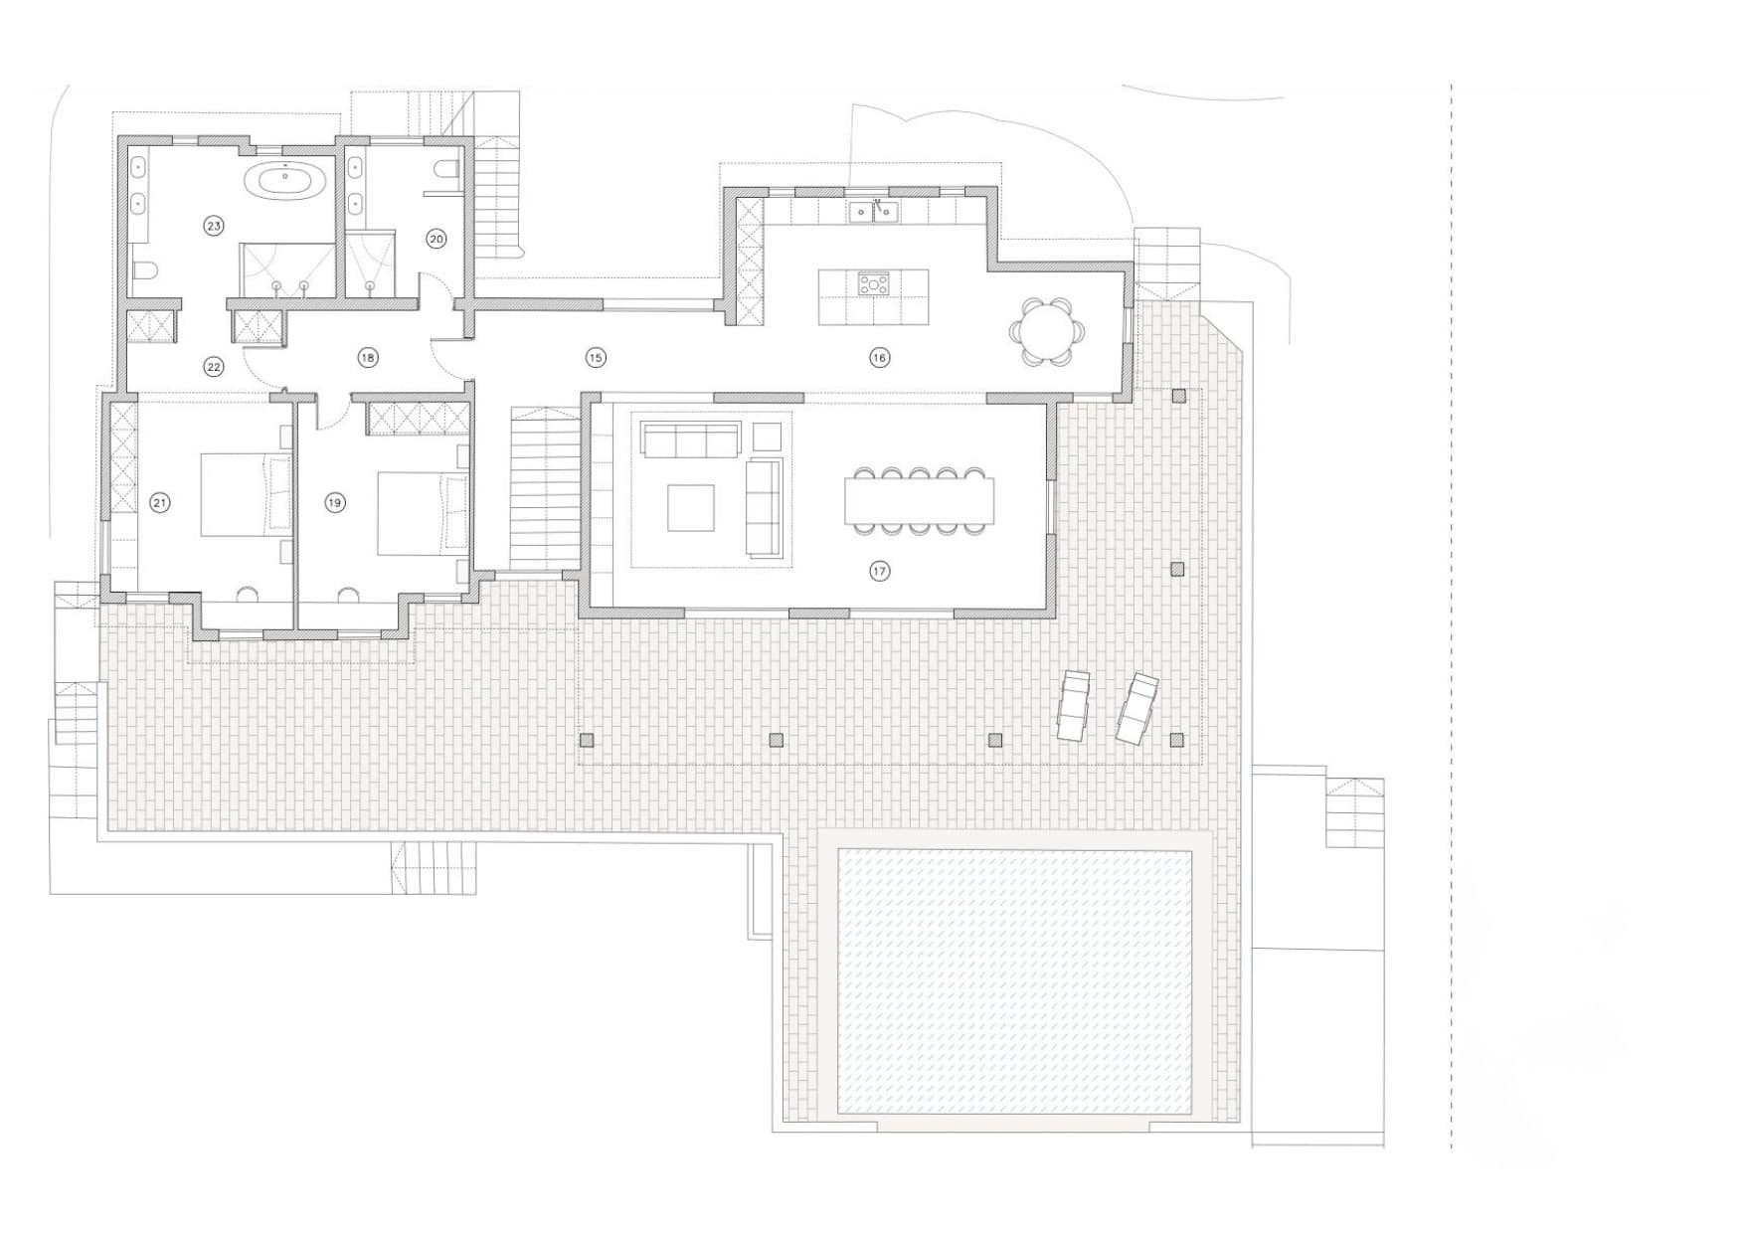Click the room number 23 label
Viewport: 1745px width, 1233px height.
pyautogui.click(x=214, y=227)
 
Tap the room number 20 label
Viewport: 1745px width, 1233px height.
pyautogui.click(x=436, y=238)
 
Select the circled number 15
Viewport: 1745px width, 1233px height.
pyautogui.click(x=595, y=357)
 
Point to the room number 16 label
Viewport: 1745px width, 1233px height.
pyautogui.click(x=879, y=357)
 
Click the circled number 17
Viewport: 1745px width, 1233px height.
pyautogui.click(x=879, y=571)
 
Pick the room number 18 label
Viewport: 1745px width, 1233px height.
pyautogui.click(x=368, y=357)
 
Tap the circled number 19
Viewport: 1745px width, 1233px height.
pyautogui.click(x=335, y=503)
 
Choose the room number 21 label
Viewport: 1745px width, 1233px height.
pyautogui.click(x=160, y=503)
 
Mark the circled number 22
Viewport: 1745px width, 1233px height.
pyautogui.click(x=214, y=367)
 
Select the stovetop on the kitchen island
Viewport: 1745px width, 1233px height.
pyautogui.click(x=874, y=283)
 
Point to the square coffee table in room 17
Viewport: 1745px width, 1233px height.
pyautogui.click(x=690, y=508)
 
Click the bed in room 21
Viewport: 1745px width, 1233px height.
pyautogui.click(x=247, y=495)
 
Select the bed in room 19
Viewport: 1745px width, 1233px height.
pyautogui.click(x=422, y=513)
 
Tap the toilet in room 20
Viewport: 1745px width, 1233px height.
pyautogui.click(x=444, y=170)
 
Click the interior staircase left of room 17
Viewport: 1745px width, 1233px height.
pyautogui.click(x=545, y=487)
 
